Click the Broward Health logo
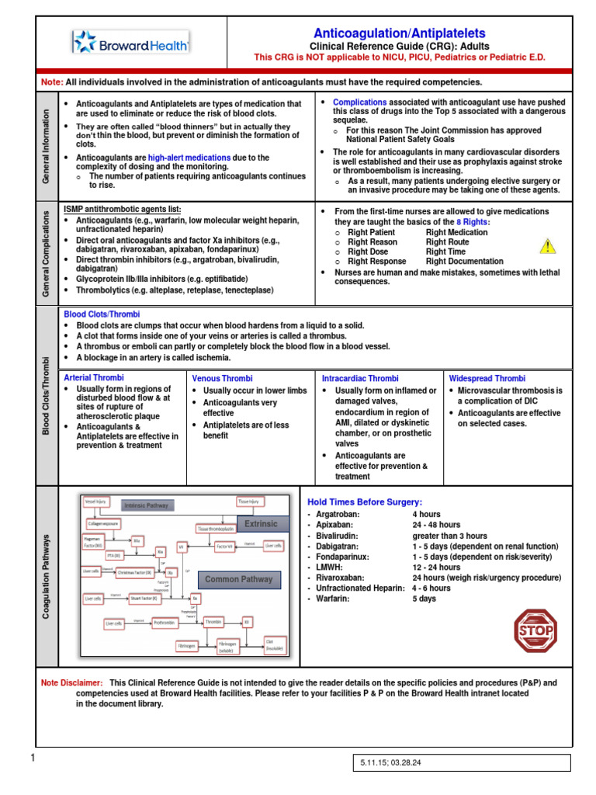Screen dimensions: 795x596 click(x=130, y=45)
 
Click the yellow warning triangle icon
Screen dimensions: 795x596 click(x=548, y=246)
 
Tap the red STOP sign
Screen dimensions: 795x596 click(x=535, y=631)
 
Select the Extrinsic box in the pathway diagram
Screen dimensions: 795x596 click(x=261, y=524)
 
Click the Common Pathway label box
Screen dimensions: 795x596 click(x=238, y=579)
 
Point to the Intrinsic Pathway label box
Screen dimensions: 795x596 click(x=148, y=505)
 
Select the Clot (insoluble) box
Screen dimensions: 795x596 click(x=275, y=644)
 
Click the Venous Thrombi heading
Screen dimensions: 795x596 click(x=222, y=378)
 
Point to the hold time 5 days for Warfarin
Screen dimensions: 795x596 click(x=425, y=599)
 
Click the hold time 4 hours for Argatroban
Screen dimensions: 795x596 click(x=426, y=515)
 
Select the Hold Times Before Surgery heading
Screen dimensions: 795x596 click(x=365, y=502)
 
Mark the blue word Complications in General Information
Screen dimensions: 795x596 click(x=359, y=102)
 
